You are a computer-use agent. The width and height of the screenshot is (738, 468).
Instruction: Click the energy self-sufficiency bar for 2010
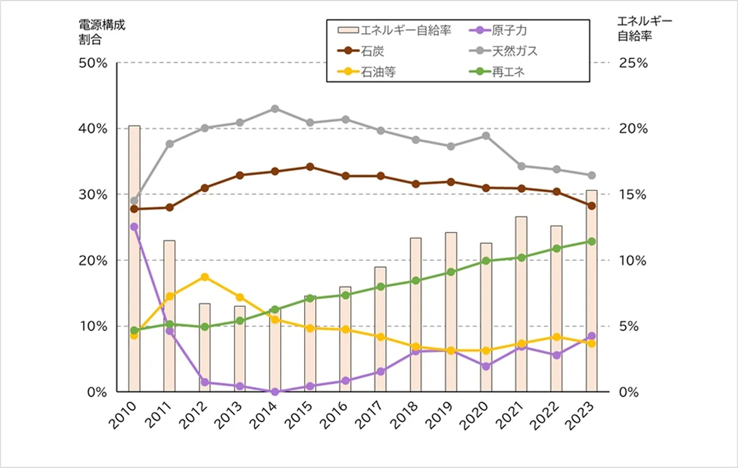[134, 258]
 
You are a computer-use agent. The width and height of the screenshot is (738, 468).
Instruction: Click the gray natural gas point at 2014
[275, 109]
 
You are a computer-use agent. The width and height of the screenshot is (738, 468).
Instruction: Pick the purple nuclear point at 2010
[134, 227]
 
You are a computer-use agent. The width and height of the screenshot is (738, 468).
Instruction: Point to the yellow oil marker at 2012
[205, 277]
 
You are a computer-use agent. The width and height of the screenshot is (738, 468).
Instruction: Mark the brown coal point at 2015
[310, 167]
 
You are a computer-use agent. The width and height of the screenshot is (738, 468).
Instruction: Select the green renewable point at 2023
[591, 241]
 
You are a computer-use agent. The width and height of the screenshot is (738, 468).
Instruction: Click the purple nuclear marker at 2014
[275, 392]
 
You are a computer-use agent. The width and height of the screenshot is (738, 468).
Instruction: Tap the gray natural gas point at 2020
[486, 136]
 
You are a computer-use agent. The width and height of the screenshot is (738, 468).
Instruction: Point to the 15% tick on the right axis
[633, 194]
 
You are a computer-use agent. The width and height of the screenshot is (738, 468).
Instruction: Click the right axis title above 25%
[644, 28]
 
